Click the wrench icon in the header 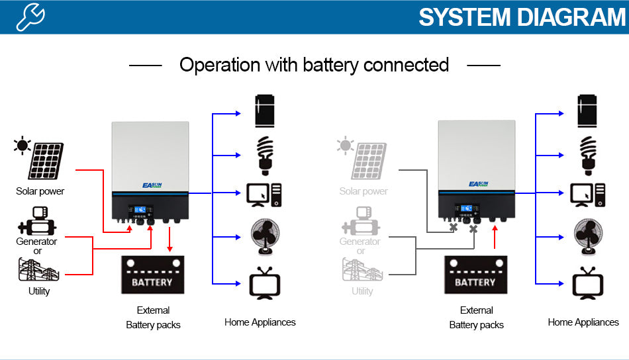(30, 17)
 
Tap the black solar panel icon (45, 161)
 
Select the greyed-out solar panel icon (369, 161)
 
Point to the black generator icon (37, 221)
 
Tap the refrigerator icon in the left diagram (265, 111)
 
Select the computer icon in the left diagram (264, 194)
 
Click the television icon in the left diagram (264, 283)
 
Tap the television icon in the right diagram (588, 283)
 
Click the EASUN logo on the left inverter (152, 185)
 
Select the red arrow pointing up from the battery (495, 239)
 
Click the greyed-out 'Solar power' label (363, 191)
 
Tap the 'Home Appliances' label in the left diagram (260, 322)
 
